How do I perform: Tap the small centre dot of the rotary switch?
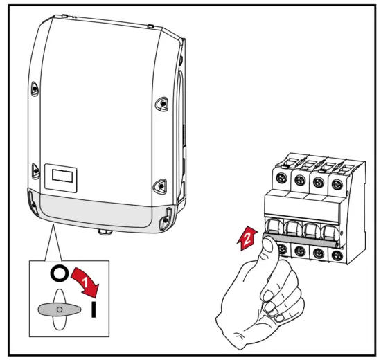click(60, 307)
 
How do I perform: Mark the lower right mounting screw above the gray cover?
click(161, 186)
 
